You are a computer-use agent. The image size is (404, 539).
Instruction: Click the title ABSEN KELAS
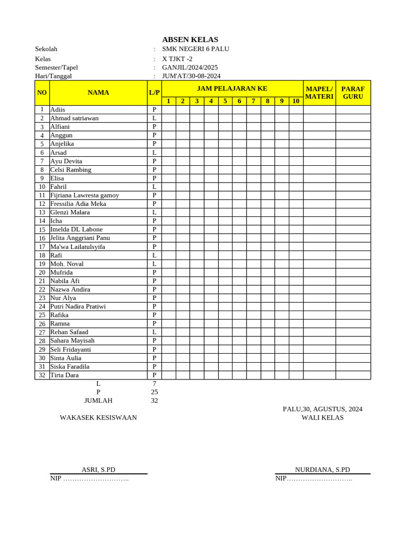[x=190, y=39]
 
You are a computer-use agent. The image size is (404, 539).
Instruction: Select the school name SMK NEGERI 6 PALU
[x=195, y=49]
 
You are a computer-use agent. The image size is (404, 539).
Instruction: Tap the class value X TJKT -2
[x=177, y=59]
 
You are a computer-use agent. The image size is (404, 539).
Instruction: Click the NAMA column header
[x=98, y=93]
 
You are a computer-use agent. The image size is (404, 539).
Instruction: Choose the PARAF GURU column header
[x=353, y=93]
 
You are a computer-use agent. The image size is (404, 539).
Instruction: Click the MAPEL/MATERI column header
[x=319, y=93]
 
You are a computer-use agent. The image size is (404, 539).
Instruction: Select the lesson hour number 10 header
[x=296, y=101]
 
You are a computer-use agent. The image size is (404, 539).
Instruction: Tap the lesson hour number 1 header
[x=168, y=101]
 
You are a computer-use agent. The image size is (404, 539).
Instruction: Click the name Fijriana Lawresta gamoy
[x=85, y=195]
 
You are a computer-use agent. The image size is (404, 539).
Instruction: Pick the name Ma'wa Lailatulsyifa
[x=77, y=246]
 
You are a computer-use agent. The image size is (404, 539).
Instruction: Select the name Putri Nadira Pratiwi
[x=78, y=306]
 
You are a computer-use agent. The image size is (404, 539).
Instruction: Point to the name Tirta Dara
[x=65, y=375]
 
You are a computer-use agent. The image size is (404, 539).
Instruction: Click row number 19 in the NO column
[x=42, y=264]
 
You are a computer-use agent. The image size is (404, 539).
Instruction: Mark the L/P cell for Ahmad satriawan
[x=154, y=118]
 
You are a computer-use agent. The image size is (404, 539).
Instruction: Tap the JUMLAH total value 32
[x=154, y=401]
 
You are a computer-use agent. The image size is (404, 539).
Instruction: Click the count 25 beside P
[x=154, y=392]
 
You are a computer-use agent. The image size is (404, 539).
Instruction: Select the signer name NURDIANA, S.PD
[x=322, y=470]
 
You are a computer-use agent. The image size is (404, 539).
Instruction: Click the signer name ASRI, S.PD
[x=98, y=470]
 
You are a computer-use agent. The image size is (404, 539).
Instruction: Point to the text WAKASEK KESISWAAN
[x=98, y=417]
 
